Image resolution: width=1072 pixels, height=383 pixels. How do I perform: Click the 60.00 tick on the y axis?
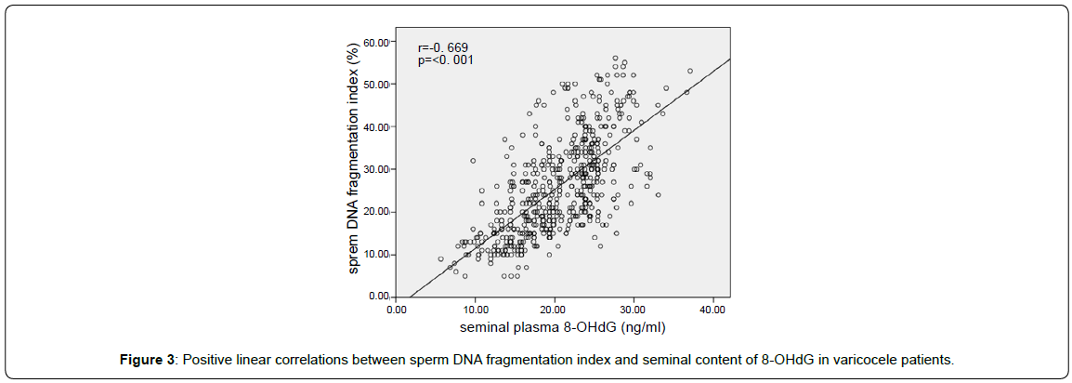coord(377,42)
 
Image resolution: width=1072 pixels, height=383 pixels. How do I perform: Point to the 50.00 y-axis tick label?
coord(377,85)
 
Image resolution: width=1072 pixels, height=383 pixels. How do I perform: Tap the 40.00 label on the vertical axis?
coord(377,126)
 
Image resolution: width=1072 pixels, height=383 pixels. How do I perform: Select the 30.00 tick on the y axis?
coord(377,169)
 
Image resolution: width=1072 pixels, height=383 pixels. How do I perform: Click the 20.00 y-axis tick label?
coord(377,212)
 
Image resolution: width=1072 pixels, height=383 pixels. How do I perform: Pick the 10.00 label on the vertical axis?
coord(377,254)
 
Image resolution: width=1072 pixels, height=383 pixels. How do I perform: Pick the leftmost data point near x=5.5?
coord(440,259)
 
